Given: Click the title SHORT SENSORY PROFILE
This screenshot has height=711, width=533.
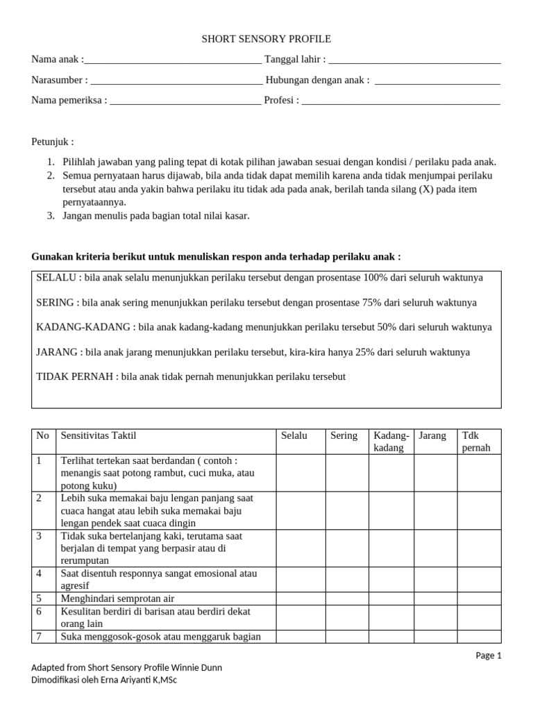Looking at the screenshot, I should [266, 40].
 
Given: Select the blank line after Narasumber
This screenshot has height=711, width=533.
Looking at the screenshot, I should [176, 81].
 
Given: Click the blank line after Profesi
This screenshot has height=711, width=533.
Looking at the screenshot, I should [400, 101].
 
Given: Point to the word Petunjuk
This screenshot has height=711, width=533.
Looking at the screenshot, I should [52, 142].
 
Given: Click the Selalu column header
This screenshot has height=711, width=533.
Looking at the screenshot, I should [294, 435].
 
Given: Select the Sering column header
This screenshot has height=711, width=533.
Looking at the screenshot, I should [344, 435].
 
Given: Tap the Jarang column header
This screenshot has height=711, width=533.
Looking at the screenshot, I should [432, 435].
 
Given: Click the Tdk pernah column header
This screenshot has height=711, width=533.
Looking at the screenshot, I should [476, 442].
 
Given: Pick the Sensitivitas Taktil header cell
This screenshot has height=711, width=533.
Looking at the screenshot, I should [99, 435].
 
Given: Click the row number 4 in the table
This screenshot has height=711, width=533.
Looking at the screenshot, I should [40, 573].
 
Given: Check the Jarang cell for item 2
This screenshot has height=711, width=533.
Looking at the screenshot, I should [435, 510].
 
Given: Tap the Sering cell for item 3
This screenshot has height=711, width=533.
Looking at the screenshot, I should [346, 549].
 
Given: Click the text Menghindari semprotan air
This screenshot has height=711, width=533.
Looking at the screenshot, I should [117, 599].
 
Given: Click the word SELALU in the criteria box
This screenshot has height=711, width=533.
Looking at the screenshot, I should [56, 278].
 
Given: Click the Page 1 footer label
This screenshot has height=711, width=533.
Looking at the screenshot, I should [489, 655].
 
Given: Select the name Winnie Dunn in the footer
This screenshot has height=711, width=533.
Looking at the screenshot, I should [197, 667].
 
